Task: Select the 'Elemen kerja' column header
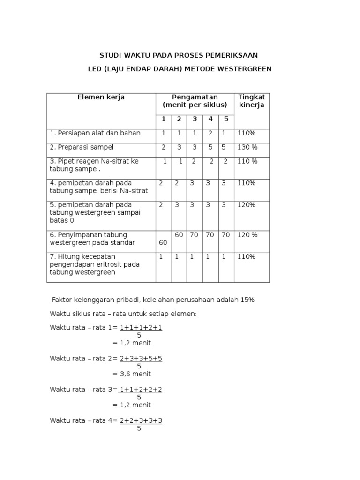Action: tap(101, 97)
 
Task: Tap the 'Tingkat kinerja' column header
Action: tap(251, 101)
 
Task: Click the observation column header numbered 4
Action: tap(210, 119)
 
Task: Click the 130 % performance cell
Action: tap(247, 147)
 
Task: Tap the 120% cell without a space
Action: tap(246, 205)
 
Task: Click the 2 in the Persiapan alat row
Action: tap(210, 133)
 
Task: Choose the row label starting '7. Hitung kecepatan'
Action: tap(95, 264)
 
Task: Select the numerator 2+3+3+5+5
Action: tap(141, 359)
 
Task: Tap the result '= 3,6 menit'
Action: tap(132, 374)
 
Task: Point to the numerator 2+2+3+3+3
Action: tap(141, 420)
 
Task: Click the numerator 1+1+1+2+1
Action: tap(141, 328)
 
